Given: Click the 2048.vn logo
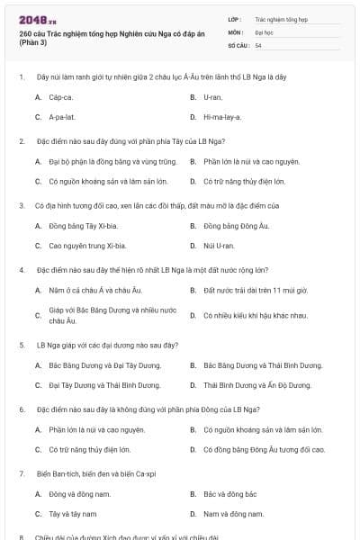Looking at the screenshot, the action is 31,19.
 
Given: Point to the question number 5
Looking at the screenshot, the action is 22,345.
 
